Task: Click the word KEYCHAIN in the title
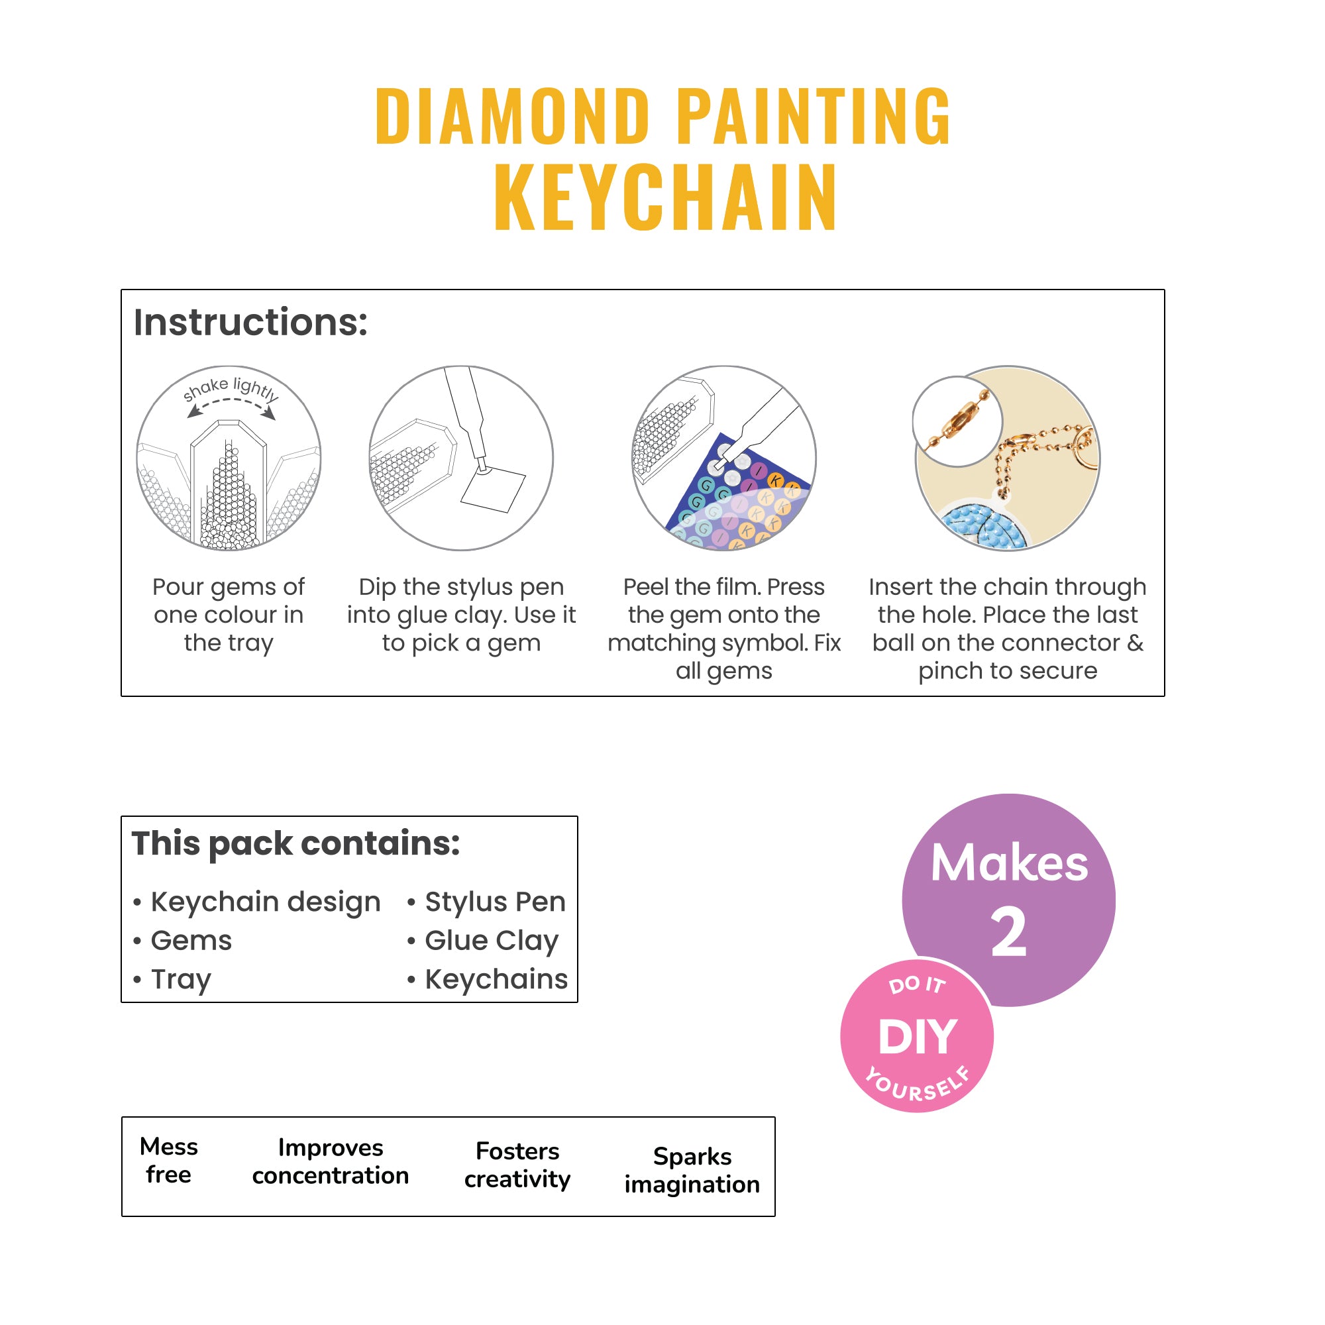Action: coord(665,197)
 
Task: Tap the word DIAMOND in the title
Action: coord(512,117)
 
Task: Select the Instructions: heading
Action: coord(250,323)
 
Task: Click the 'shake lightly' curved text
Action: coord(231,388)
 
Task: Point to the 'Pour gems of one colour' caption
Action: coord(229,615)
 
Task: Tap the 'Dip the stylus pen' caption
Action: coord(461,615)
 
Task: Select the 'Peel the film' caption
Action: coord(723,628)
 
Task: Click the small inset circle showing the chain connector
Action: coord(957,421)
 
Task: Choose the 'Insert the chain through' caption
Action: coord(1008,628)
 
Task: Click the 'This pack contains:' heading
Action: coord(295,843)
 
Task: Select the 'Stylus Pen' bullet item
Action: coord(494,901)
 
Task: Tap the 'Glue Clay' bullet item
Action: coord(491,940)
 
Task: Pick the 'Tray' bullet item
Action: coord(180,979)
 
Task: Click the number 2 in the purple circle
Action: coord(1008,932)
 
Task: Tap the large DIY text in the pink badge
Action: coord(917,1036)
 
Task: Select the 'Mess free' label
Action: coord(169,1161)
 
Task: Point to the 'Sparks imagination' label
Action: coord(692,1170)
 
